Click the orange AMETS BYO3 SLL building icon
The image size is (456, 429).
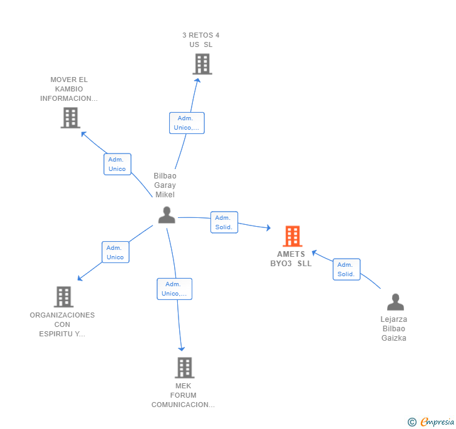point(292,236)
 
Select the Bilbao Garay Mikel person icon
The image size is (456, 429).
point(167,215)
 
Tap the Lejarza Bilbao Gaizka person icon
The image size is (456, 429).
point(395,302)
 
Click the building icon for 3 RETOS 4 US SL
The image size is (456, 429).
point(202,64)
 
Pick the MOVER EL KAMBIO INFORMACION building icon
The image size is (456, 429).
point(70,118)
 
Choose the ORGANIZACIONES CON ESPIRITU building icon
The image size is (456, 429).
point(63,297)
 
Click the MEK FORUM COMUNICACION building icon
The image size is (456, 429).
point(184,368)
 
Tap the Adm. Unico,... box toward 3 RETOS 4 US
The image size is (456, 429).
point(187,123)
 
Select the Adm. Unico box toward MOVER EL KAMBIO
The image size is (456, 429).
point(117,164)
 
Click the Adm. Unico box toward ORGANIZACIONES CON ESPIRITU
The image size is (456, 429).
point(115,252)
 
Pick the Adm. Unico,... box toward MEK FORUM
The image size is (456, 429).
point(174,289)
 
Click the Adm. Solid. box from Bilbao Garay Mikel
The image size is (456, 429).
point(224,222)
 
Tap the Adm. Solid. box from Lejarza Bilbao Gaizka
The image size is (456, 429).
point(346,269)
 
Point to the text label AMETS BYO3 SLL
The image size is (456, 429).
point(291,259)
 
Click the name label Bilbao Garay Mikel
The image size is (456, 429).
point(165,185)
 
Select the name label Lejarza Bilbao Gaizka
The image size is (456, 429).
point(394,329)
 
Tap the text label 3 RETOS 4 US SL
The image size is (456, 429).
point(200,40)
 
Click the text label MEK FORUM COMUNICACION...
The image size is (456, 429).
point(183,395)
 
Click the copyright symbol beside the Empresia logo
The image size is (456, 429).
point(412,422)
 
